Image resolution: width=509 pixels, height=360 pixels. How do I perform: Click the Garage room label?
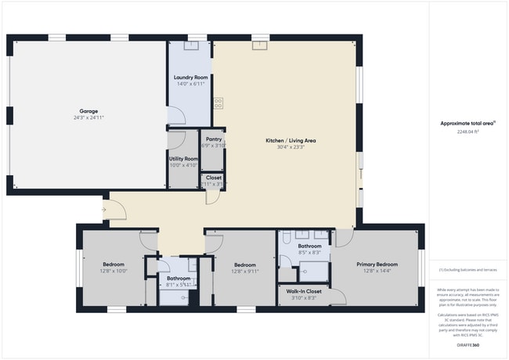pos(88,110)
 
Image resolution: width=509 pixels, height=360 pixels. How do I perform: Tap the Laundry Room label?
pos(190,77)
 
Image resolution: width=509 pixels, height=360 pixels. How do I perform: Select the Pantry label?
pos(213,139)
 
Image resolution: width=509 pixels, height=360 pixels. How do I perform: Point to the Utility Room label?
pos(184,159)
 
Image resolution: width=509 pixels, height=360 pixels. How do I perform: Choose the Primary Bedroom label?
pos(377,265)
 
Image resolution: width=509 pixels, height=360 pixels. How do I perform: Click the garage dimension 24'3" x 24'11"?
pos(88,117)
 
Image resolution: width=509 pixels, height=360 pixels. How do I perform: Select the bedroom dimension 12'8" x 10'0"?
pos(114,271)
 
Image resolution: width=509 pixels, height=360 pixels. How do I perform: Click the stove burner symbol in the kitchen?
pos(218,101)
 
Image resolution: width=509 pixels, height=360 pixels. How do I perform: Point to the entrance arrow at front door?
pos(103,209)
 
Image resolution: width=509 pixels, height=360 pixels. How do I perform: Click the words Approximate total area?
pos(465,123)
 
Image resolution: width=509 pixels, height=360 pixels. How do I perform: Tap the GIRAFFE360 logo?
pos(467,345)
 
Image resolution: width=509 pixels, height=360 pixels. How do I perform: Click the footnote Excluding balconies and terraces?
pos(468,269)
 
